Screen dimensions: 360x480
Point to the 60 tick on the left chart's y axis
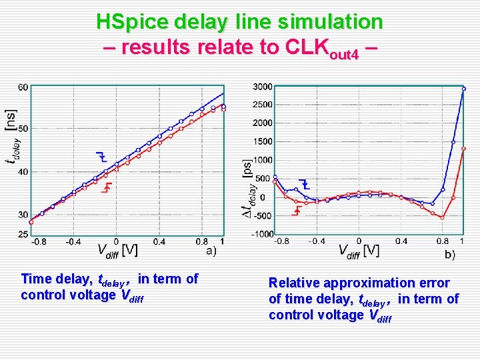(x=23, y=87)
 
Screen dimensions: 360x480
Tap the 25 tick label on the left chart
(x=23, y=234)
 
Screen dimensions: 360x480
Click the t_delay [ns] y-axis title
(x=11, y=137)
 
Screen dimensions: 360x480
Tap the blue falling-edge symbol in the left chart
(x=101, y=157)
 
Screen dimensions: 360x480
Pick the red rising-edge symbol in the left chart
(x=105, y=188)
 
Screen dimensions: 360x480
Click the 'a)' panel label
(x=211, y=251)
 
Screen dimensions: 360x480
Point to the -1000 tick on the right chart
(x=263, y=234)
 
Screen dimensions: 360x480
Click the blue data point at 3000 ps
(x=464, y=88)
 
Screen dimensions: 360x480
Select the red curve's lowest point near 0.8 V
(x=442, y=217)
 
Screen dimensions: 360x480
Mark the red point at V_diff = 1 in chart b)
(x=463, y=149)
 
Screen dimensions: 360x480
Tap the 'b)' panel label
(x=450, y=254)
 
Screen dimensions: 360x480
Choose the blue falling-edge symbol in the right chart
(x=304, y=183)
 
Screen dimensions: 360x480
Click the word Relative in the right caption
(x=293, y=283)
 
